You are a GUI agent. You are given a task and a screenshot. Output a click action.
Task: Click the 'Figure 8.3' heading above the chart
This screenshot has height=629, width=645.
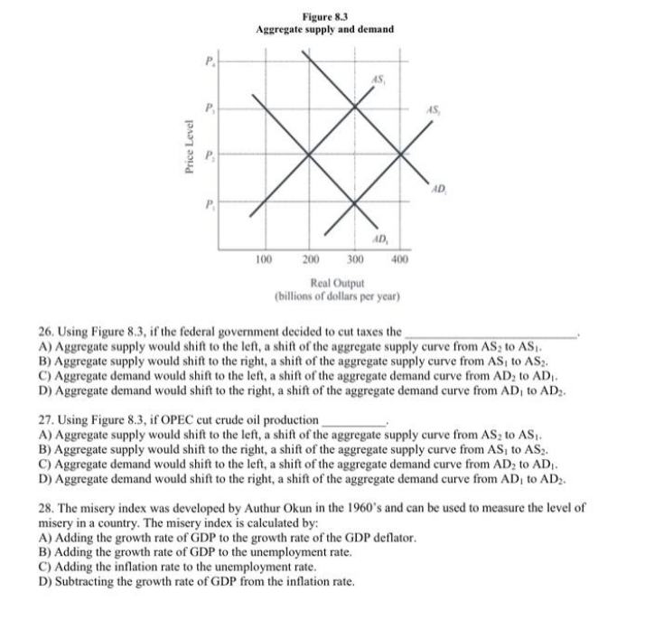pos(324,15)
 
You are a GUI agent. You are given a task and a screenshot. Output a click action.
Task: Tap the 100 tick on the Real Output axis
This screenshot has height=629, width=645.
pos(262,259)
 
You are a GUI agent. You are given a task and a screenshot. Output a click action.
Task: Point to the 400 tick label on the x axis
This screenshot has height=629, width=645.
pos(398,259)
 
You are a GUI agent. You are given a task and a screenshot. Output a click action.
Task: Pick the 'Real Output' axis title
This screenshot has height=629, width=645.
pos(336,283)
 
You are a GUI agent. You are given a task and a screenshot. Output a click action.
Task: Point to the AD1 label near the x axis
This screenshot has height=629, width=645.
pos(379,239)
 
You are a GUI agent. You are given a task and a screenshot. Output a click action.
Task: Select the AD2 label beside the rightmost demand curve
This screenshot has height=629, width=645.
pos(438,189)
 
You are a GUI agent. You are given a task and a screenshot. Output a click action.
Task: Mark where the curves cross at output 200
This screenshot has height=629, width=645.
pos(310,155)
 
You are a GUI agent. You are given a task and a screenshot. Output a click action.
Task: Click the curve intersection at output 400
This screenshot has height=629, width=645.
pos(400,155)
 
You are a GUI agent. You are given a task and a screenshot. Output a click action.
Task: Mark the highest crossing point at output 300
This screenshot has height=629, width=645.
pos(355,108)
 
